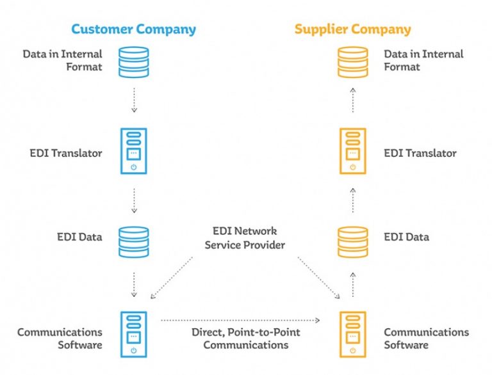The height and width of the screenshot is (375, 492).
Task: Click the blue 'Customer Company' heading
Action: point(134,29)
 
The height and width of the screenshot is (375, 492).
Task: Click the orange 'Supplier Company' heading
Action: point(353,29)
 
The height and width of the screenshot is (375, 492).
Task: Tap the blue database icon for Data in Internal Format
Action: point(134,62)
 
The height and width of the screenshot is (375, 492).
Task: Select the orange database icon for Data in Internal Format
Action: point(353,62)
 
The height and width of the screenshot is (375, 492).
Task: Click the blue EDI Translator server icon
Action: point(134,151)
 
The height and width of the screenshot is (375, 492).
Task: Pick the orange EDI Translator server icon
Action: point(353,151)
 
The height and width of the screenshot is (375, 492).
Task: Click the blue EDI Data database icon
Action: point(134,242)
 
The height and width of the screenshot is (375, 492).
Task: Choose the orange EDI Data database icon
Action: point(353,242)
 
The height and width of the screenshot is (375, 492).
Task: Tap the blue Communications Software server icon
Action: point(134,334)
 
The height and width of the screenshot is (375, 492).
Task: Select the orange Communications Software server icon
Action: point(353,334)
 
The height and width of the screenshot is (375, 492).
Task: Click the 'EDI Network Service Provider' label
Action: point(245,238)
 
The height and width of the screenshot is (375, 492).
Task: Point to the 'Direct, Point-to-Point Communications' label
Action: point(246,339)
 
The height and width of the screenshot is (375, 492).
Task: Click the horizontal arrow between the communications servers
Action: point(240,320)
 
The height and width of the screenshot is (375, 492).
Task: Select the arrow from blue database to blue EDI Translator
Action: point(134,100)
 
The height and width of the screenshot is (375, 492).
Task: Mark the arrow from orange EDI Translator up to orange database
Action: point(353,100)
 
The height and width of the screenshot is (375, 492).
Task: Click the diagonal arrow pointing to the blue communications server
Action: point(172,278)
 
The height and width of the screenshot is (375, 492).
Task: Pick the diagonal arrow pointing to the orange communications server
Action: point(319,278)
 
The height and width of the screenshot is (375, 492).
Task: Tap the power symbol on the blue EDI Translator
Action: point(134,167)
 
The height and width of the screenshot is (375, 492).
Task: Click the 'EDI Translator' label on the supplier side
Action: point(420,154)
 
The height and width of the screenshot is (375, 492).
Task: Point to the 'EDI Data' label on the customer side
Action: point(79,237)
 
